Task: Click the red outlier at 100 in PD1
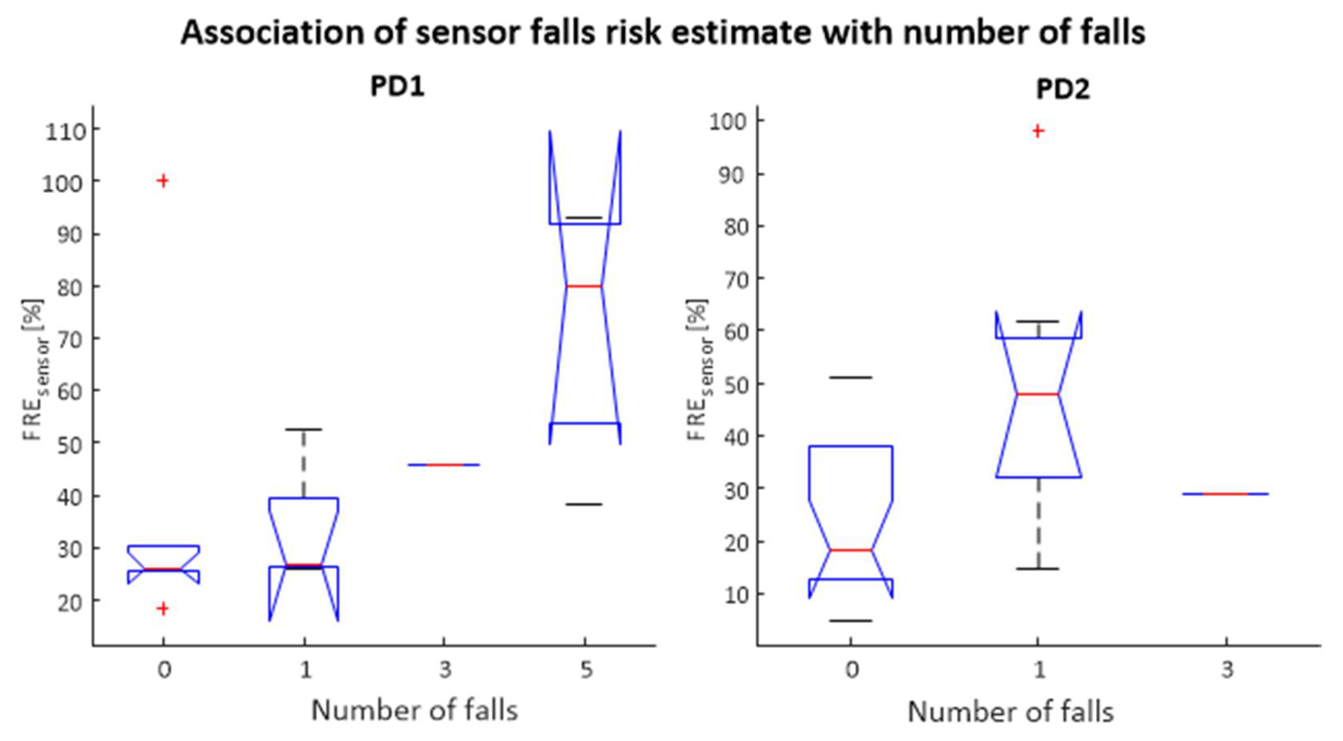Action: point(163,181)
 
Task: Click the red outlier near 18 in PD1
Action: point(163,608)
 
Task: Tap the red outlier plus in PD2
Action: point(1038,131)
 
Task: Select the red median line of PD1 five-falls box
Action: point(584,286)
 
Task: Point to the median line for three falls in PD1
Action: point(444,465)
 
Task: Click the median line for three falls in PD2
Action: point(1226,494)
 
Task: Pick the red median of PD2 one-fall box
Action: point(1038,394)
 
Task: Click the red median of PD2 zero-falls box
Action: point(851,550)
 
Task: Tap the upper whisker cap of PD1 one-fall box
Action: point(304,430)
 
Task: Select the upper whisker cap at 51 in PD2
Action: point(851,378)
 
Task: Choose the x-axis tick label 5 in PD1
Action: point(587,670)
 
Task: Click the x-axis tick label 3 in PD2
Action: point(1228,670)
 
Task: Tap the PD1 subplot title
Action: point(397,87)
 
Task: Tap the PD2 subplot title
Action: point(1063,89)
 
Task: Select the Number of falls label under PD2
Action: point(1011,712)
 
